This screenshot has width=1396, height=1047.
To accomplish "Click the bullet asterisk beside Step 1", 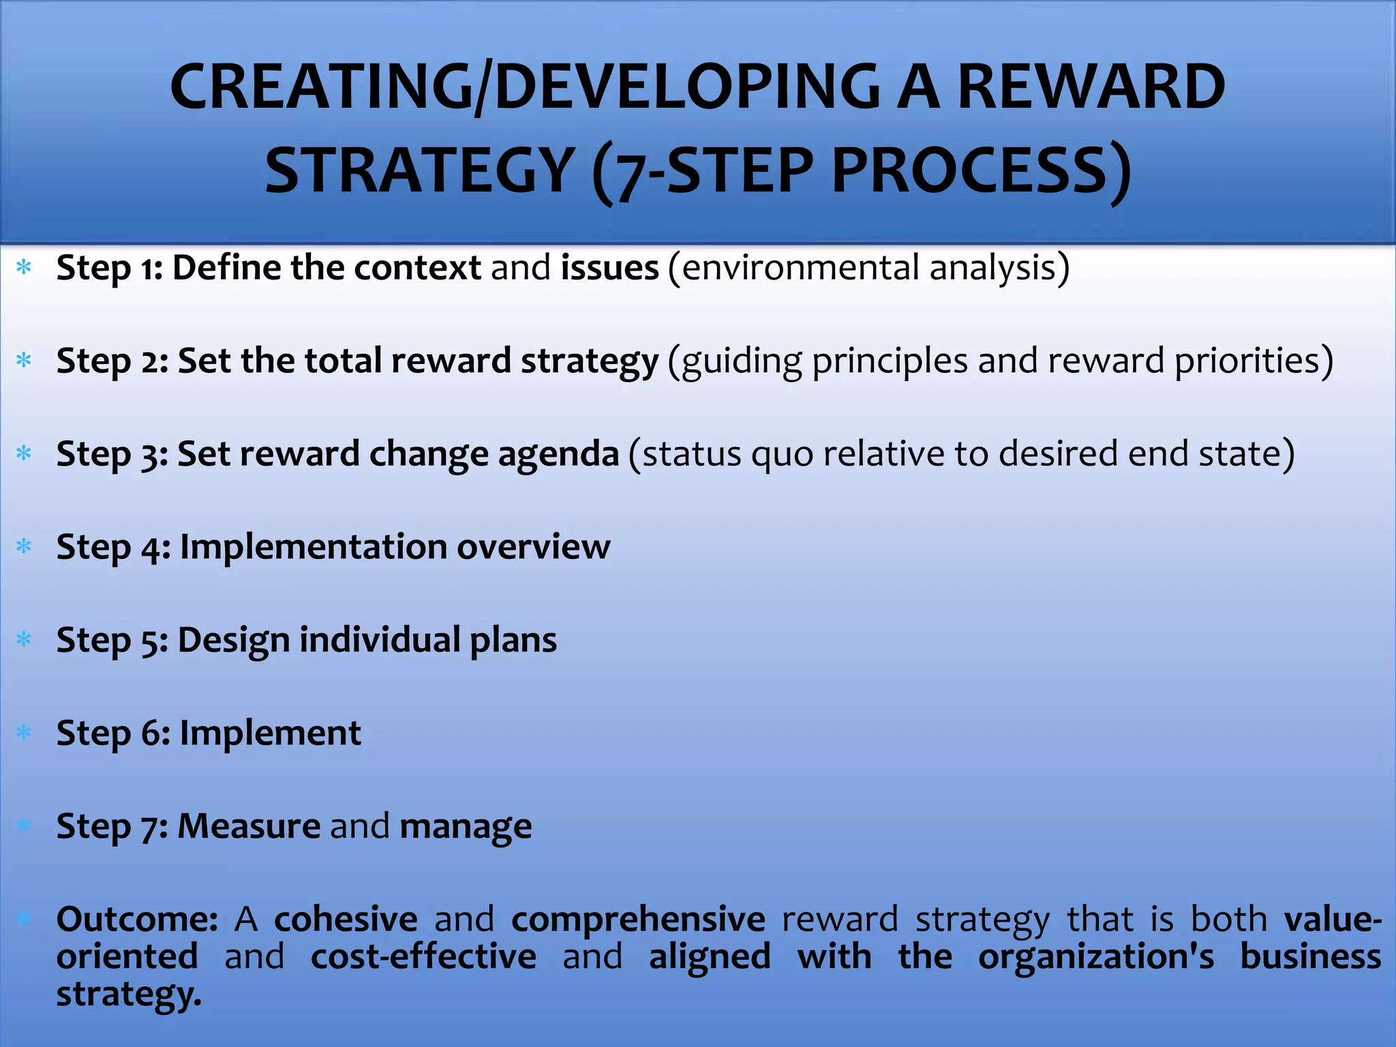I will pos(25,267).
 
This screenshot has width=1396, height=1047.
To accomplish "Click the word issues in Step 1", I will pos(609,267).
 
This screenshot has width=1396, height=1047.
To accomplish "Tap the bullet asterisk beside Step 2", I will pos(25,361).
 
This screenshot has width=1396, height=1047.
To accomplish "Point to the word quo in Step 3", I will pos(782,454).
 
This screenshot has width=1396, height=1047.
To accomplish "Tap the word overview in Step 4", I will pos(533,547).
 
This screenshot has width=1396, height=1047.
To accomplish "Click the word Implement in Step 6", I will pos(270,733).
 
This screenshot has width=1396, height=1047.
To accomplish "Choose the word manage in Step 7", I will pos(465,826).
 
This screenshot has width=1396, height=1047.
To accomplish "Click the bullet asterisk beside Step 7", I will pos(25,826).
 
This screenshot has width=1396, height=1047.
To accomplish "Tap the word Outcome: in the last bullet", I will pos(136,920).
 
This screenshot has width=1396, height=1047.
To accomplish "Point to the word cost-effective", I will pos(423,956).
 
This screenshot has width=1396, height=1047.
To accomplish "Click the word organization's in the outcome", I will pos(1095,956).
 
